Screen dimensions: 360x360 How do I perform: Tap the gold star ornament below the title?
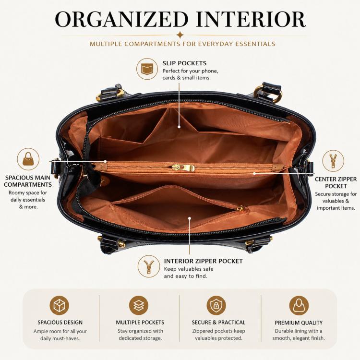pyautogui.click(x=180, y=35)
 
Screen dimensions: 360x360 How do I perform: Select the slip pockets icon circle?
pyautogui.click(x=147, y=69)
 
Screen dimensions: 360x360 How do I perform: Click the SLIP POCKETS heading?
pyautogui.click(x=184, y=63)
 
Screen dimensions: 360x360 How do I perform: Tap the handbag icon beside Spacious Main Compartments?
pyautogui.click(x=28, y=159)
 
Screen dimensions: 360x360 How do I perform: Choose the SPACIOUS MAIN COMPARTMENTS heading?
pyautogui.click(x=28, y=181)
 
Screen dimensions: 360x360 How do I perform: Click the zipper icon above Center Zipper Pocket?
pyautogui.click(x=333, y=161)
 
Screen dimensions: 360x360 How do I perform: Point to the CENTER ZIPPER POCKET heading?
pyautogui.click(x=336, y=182)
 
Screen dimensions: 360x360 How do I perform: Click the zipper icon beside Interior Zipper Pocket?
pyautogui.click(x=149, y=266)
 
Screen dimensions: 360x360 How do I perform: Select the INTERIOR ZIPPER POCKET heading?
pyautogui.click(x=203, y=261)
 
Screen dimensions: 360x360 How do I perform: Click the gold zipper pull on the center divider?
pyautogui.click(x=183, y=168)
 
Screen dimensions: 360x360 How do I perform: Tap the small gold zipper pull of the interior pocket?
pyautogui.click(x=240, y=208)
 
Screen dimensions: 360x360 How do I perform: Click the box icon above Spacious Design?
pyautogui.click(x=60, y=305)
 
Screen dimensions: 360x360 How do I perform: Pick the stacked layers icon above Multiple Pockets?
pyautogui.click(x=139, y=305)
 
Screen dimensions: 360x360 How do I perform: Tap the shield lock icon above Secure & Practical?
pyautogui.click(x=216, y=305)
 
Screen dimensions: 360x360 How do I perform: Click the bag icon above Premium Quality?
pyautogui.click(x=299, y=305)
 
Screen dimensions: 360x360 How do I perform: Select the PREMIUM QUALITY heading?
pyautogui.click(x=299, y=323)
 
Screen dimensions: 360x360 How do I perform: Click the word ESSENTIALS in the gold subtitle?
pyautogui.click(x=255, y=44)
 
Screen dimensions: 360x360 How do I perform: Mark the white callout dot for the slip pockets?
pyautogui.click(x=179, y=127)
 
